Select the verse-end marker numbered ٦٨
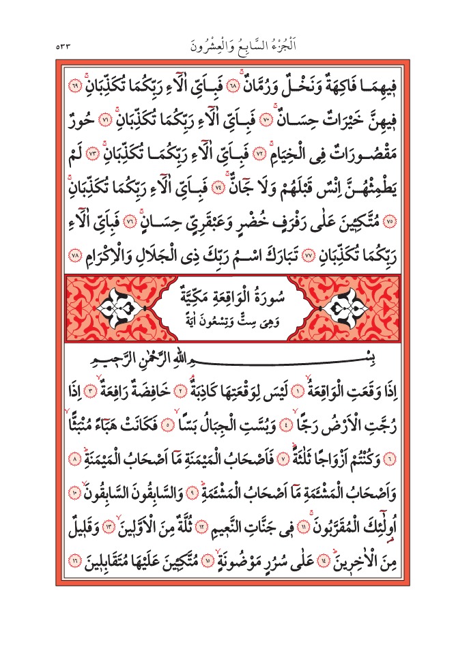coord(249,88)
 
